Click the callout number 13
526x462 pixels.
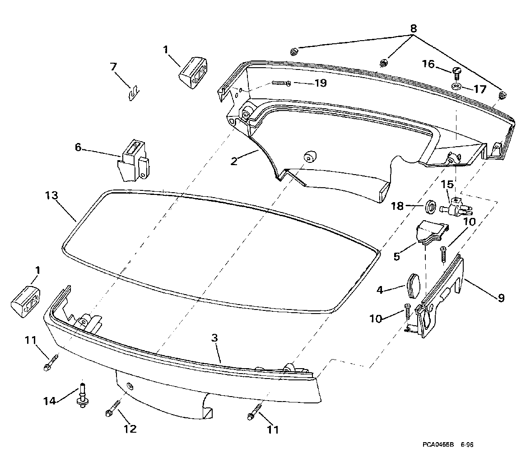51,195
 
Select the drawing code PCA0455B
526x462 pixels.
438,444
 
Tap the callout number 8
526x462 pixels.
413,28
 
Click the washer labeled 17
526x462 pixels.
456,86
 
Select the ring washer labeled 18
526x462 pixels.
430,206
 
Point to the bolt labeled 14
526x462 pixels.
82,395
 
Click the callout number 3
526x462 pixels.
215,338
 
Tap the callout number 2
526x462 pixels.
234,161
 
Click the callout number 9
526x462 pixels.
501,298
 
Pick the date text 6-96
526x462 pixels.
467,444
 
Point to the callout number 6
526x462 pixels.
78,147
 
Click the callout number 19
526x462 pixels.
321,83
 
